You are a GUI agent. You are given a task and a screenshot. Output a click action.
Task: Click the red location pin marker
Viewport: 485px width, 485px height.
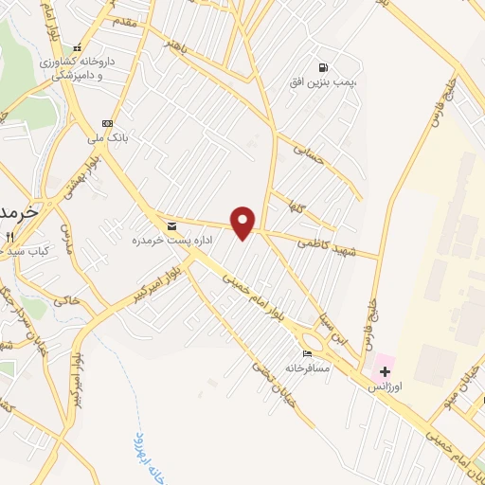(244, 222)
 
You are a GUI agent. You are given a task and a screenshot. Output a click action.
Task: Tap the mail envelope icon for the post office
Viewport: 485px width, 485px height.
(171, 226)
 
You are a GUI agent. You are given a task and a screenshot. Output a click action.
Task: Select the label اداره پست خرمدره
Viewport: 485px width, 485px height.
(168, 241)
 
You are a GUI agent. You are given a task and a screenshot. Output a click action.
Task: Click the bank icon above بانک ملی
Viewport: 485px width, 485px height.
(107, 123)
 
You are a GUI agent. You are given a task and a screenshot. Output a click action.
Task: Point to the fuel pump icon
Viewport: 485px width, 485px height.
(325, 68)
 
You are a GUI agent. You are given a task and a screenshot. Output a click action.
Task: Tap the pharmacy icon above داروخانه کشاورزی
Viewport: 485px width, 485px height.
(79, 47)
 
